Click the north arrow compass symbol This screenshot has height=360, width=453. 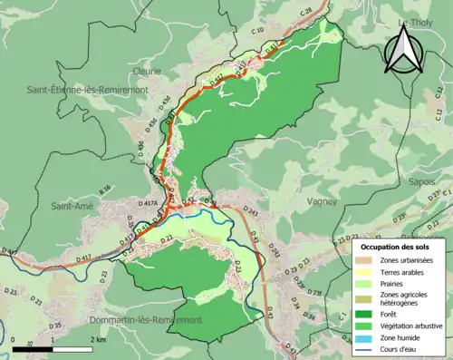(x=404, y=51)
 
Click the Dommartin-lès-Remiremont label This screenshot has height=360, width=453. (x=144, y=320)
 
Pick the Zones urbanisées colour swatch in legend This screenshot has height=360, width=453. (x=365, y=259)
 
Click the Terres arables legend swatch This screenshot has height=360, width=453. (x=365, y=271)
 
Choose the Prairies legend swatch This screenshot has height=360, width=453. (x=365, y=283)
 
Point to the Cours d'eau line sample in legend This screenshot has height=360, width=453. (x=365, y=346)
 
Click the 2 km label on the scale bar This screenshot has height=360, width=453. (x=100, y=338)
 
